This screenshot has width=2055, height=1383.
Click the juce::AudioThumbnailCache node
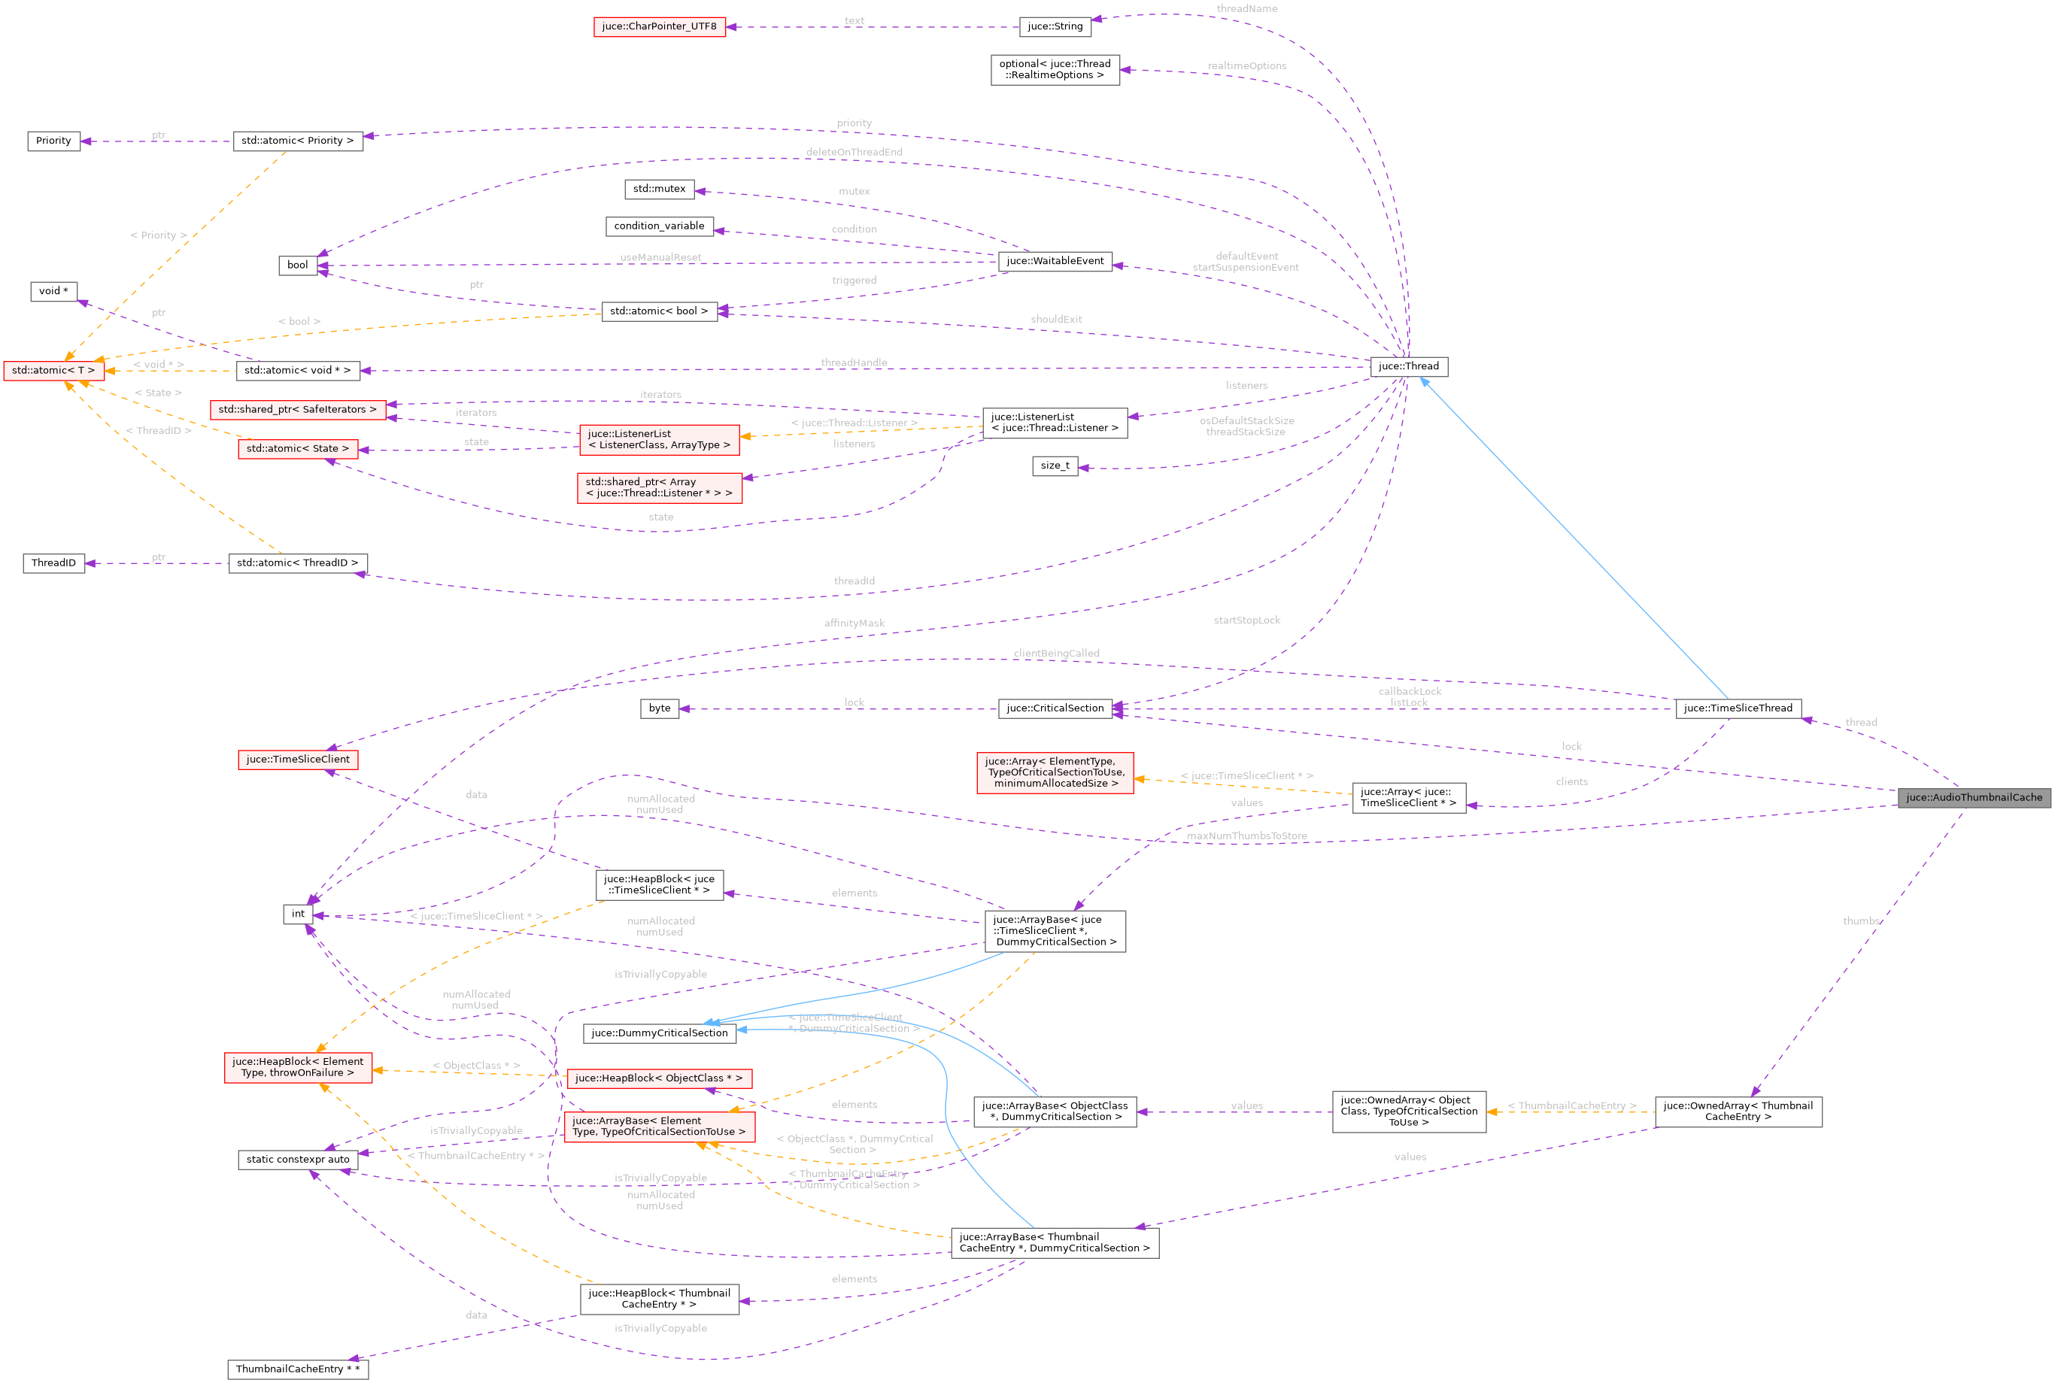point(1974,797)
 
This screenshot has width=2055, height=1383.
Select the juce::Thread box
point(1409,366)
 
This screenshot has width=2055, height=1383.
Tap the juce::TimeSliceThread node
point(1738,708)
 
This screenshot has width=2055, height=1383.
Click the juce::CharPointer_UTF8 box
point(659,26)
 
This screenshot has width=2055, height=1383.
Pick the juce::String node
point(1055,26)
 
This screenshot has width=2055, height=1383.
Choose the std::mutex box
point(659,189)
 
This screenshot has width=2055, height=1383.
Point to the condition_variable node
point(659,226)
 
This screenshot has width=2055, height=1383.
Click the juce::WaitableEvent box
point(1055,261)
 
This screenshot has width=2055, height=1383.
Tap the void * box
point(54,291)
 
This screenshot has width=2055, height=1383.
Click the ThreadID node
point(54,563)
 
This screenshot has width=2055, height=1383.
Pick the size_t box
point(1055,466)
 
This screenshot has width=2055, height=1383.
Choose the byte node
point(660,708)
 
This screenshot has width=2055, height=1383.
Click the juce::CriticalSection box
point(1055,708)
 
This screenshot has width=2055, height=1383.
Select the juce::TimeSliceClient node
point(298,760)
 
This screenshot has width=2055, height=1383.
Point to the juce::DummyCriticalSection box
point(660,1033)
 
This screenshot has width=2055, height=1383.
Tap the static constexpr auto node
point(298,1159)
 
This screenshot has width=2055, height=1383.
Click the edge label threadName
point(1247,9)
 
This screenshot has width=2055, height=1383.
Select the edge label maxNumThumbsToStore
point(1247,836)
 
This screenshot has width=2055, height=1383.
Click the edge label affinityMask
point(854,623)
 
